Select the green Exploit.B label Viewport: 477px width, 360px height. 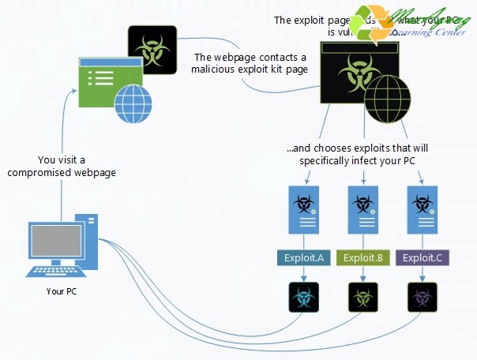coord(363,257)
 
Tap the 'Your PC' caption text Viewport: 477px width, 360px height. coord(61,292)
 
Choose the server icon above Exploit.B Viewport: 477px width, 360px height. coord(363,208)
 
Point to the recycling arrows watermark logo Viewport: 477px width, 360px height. coord(374,25)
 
